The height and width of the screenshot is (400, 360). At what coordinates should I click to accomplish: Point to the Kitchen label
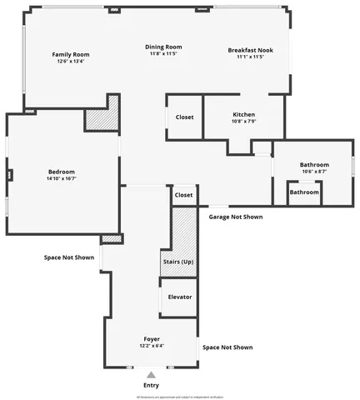pyautogui.click(x=243, y=114)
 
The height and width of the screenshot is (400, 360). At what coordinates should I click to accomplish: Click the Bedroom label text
pyautogui.click(x=61, y=171)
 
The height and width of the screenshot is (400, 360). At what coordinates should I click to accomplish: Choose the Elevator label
pyautogui.click(x=180, y=297)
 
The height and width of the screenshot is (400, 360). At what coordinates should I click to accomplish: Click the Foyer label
pyautogui.click(x=151, y=339)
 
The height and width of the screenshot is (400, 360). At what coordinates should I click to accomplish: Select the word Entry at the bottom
pyautogui.click(x=151, y=385)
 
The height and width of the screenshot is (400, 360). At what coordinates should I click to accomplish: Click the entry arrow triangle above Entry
pyautogui.click(x=151, y=375)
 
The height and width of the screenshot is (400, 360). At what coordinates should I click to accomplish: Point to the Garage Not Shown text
pyautogui.click(x=235, y=217)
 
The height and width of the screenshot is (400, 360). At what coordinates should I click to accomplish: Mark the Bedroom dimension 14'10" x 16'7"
pyautogui.click(x=61, y=178)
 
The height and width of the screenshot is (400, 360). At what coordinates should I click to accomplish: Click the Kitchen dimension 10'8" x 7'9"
pyautogui.click(x=243, y=122)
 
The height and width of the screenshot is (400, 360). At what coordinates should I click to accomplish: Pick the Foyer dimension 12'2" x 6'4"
pyautogui.click(x=151, y=346)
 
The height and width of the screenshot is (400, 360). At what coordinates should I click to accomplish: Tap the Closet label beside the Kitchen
pyautogui.click(x=184, y=117)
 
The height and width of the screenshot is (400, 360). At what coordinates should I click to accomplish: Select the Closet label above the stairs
pyautogui.click(x=183, y=195)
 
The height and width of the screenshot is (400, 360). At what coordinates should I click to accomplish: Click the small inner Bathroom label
pyautogui.click(x=303, y=192)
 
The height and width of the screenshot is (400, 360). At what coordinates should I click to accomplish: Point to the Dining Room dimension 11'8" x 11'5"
pyautogui.click(x=166, y=53)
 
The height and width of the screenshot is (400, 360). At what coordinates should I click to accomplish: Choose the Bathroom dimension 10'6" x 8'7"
pyautogui.click(x=314, y=172)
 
